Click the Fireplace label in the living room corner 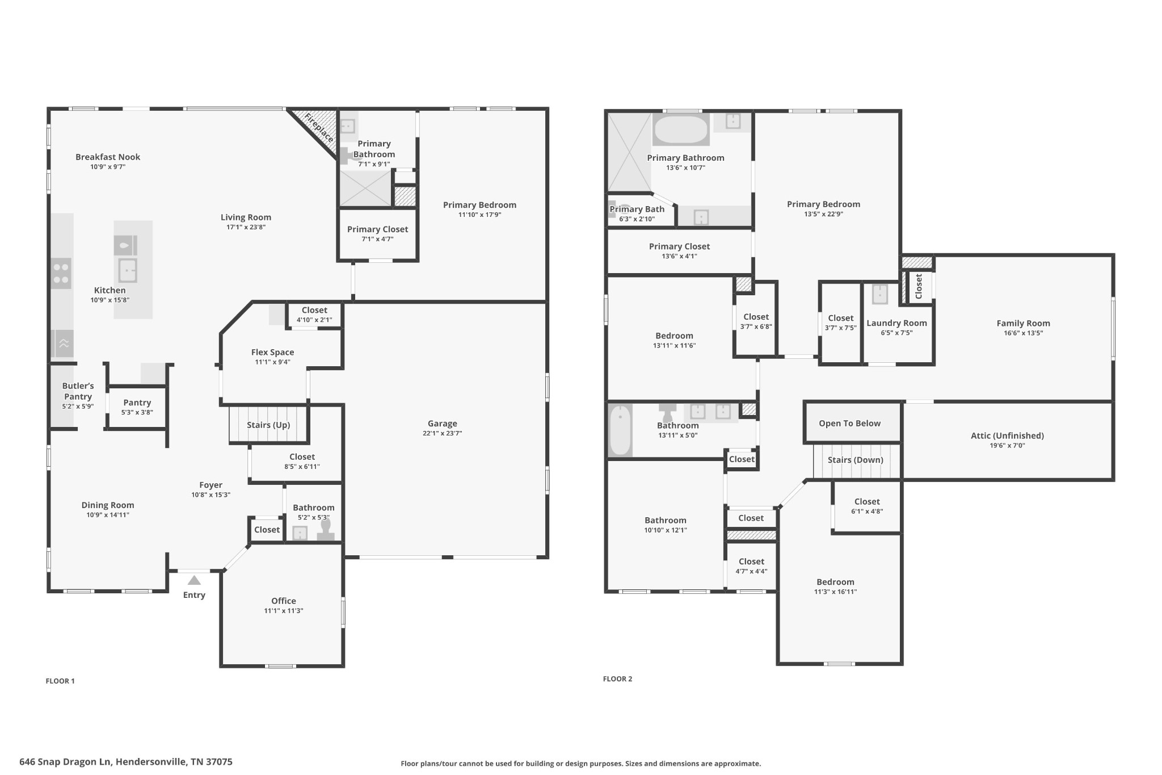[318, 128]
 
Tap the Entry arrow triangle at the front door [194, 580]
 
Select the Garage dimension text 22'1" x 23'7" [442, 433]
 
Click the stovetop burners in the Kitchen [61, 273]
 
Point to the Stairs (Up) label [268, 425]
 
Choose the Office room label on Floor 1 [283, 601]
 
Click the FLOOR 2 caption [617, 678]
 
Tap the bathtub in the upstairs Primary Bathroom [681, 130]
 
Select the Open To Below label [849, 424]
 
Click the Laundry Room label [896, 323]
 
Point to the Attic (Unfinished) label [1007, 435]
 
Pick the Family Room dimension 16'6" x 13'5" [1023, 333]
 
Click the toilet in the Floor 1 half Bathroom [325, 529]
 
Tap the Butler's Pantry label [78, 391]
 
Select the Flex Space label [272, 352]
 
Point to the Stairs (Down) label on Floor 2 [855, 460]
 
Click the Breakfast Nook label [108, 157]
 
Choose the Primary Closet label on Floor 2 [679, 246]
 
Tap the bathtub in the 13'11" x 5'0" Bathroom [620, 430]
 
